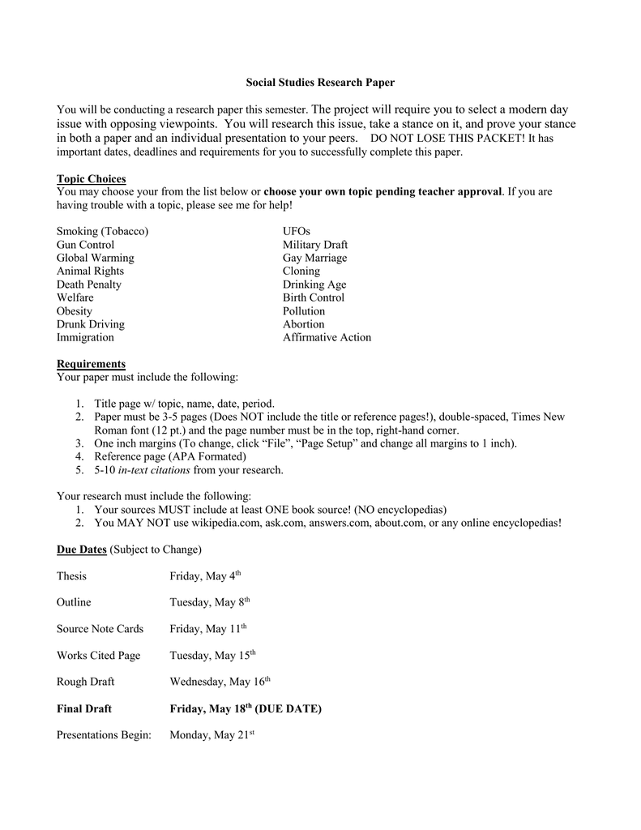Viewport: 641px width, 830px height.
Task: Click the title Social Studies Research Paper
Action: (320, 83)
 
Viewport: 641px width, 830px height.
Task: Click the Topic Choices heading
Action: (91, 178)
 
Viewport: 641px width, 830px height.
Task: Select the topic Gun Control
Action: (85, 245)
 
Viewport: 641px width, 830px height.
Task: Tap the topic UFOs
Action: (297, 231)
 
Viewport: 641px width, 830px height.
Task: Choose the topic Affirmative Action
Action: (327, 337)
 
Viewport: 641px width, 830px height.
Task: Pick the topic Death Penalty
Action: (89, 285)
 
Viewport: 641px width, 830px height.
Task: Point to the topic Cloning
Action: (301, 271)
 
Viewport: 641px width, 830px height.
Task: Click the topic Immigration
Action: (85, 337)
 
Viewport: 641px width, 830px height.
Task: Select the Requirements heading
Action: (91, 364)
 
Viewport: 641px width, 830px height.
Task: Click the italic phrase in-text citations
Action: (154, 470)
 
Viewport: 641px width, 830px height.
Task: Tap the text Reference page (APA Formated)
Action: (170, 456)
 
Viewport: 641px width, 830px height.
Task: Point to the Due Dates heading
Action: (82, 550)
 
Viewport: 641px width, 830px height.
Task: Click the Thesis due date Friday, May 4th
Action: (205, 576)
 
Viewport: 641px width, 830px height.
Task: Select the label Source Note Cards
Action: (100, 629)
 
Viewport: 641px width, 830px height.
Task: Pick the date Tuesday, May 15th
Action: (212, 655)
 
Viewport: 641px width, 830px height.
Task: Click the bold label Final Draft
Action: (84, 708)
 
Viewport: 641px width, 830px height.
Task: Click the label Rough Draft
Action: (85, 682)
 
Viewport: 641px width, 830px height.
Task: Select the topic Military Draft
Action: (315, 245)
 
